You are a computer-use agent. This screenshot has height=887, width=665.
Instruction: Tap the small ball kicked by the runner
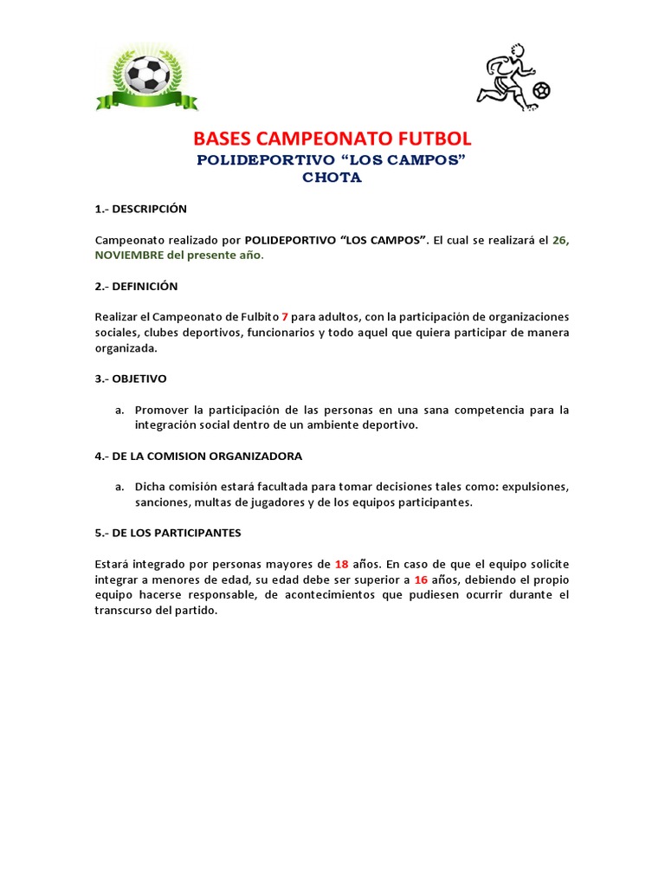pyautogui.click(x=542, y=90)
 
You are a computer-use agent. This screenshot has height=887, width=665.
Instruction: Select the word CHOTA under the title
pyautogui.click(x=332, y=178)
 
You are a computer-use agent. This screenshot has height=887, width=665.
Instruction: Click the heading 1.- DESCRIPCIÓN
pyautogui.click(x=140, y=209)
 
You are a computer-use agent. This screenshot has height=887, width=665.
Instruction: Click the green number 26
pyautogui.click(x=559, y=240)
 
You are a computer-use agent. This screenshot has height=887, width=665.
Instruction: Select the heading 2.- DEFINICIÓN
pyautogui.click(x=136, y=286)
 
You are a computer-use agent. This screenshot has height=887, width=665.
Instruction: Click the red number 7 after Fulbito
pyautogui.click(x=285, y=317)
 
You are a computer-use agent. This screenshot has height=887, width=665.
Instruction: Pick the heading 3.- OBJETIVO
pyautogui.click(x=131, y=379)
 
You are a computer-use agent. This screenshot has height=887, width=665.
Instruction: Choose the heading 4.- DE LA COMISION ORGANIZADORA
pyautogui.click(x=198, y=456)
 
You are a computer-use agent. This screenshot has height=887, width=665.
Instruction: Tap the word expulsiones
pyautogui.click(x=534, y=487)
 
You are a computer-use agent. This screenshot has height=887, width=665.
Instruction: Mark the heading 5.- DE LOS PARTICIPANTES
pyautogui.click(x=168, y=533)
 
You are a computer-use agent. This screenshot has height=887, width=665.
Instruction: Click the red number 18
pyautogui.click(x=341, y=563)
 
